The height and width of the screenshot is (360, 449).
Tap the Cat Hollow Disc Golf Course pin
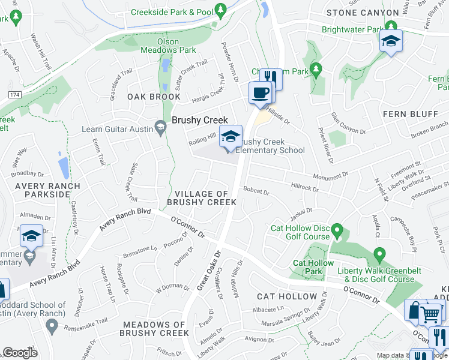[x=337, y=230]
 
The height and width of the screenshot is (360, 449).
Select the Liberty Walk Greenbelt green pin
[x=379, y=256]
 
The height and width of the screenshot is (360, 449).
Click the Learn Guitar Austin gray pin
[x=160, y=127]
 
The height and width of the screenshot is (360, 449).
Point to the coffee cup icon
[x=261, y=93]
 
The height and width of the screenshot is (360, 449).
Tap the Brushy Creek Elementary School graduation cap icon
[x=230, y=136]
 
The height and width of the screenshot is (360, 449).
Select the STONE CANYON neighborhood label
[x=362, y=13]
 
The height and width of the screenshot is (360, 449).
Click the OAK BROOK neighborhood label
[x=145, y=97]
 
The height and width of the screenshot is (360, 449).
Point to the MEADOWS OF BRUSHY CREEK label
[x=155, y=329]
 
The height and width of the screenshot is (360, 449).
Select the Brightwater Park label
[x=352, y=29]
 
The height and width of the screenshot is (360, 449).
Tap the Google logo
[x=20, y=352]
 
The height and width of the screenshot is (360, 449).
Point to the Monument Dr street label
[x=330, y=176]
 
